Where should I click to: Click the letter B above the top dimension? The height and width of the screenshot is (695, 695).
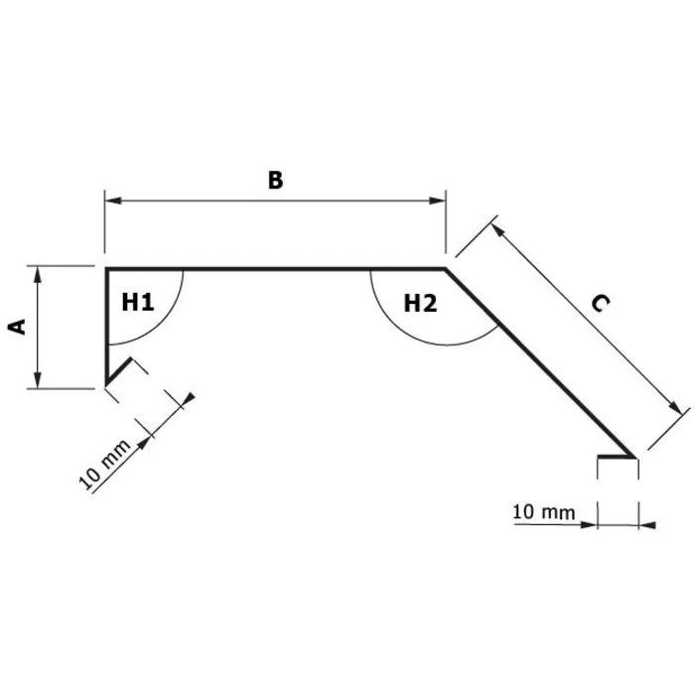click(x=275, y=180)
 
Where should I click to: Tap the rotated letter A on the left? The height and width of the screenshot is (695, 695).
click(x=17, y=326)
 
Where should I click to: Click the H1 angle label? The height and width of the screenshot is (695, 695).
click(x=138, y=302)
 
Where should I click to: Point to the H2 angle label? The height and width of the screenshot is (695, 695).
click(x=420, y=303)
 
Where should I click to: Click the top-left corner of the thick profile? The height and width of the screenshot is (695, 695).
click(x=106, y=268)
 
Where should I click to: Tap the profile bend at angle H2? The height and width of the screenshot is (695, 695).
click(x=445, y=268)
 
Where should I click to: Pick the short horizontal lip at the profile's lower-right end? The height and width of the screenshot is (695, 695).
click(x=616, y=458)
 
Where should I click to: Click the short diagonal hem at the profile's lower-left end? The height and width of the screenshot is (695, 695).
click(x=117, y=372)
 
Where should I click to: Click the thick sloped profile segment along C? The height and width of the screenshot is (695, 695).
click(x=541, y=363)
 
